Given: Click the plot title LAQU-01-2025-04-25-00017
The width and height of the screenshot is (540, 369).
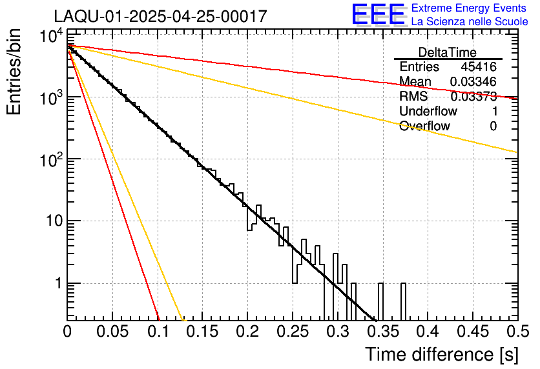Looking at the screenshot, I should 160,17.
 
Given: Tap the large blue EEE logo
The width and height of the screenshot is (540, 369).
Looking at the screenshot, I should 378,15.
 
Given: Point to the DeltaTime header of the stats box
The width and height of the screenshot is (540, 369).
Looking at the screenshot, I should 448,52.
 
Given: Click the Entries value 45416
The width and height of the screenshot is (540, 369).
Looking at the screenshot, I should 479,67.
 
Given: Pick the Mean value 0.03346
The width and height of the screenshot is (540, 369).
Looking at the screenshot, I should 473,82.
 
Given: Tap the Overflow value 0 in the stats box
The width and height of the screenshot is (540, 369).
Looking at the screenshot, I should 493,126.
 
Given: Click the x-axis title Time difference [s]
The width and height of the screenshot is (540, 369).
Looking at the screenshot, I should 441,354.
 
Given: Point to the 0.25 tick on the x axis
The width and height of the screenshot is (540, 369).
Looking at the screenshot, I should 293,332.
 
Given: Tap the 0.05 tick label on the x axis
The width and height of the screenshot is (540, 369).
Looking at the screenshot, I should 112,332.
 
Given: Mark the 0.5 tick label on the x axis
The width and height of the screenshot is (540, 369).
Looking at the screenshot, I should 516,332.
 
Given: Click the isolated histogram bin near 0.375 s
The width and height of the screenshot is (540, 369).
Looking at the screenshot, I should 404,301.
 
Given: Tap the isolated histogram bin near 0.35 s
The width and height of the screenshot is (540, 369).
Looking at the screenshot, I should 381,301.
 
